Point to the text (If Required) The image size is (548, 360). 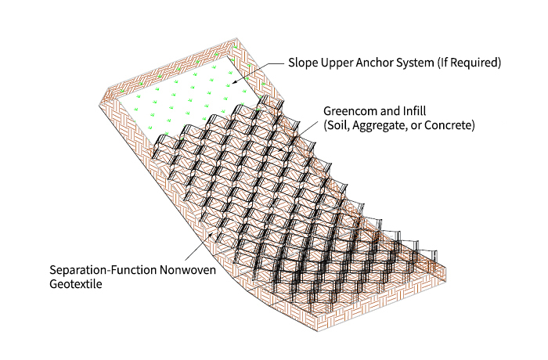(469, 63)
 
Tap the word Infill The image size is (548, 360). (414, 111)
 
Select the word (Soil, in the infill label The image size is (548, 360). (337, 125)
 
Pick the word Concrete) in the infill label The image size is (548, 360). (449, 125)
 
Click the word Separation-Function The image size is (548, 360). (103, 270)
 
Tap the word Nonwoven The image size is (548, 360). (188, 270)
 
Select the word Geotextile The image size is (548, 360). (76, 284)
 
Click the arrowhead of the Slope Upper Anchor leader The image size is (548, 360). (233, 82)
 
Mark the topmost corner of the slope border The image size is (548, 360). (237, 38)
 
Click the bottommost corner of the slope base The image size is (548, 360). (318, 331)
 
